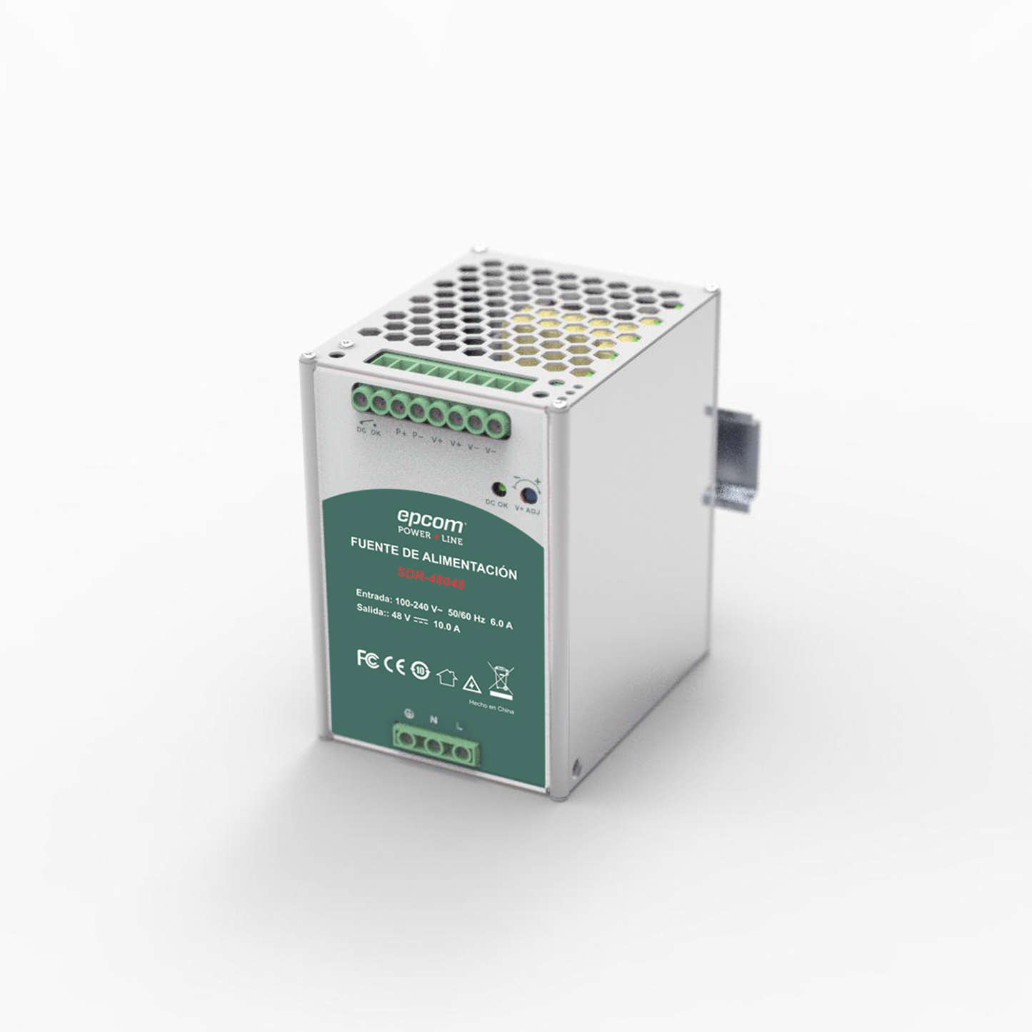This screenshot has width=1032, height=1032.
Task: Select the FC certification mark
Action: tap(367, 658)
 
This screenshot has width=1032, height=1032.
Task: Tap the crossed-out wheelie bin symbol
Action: tap(500, 680)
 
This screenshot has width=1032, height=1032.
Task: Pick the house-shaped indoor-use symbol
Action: tap(446, 676)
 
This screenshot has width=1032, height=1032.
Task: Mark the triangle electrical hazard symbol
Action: tap(471, 683)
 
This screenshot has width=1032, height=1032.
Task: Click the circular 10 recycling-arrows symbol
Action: tap(421, 671)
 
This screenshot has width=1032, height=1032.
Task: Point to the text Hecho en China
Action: tap(491, 707)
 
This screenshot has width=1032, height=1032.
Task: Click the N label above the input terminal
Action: tap(434, 721)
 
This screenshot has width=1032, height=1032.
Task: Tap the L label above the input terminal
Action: tap(459, 726)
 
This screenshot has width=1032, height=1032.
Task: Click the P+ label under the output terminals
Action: tap(401, 434)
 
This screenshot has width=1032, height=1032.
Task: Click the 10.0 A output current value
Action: tap(446, 628)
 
